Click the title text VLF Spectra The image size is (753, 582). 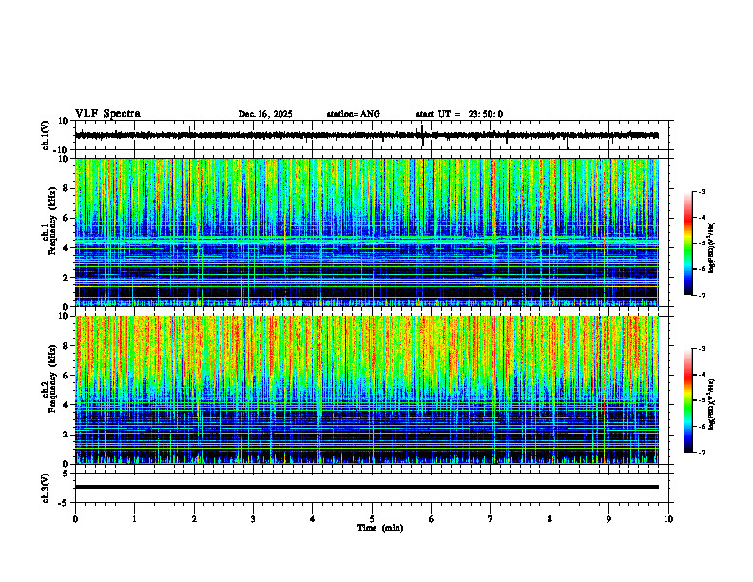point(107,114)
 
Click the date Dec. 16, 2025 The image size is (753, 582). point(265,114)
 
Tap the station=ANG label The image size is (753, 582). point(353,114)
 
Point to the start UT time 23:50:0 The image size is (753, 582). point(485,114)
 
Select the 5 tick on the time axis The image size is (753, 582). point(372,518)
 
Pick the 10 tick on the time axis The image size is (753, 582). point(668,518)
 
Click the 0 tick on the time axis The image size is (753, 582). point(75,518)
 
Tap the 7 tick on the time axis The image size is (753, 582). point(491,518)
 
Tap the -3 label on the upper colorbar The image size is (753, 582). point(701,192)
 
